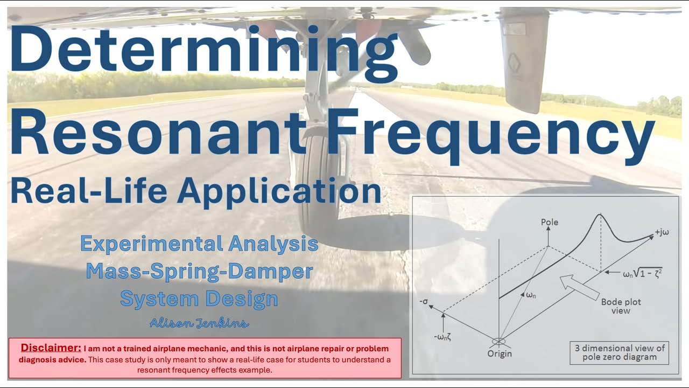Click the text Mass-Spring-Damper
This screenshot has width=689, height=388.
(x=199, y=271)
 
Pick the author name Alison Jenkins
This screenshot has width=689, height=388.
(x=199, y=323)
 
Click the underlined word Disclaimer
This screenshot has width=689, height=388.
(x=51, y=347)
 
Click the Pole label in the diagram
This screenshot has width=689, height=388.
(x=549, y=222)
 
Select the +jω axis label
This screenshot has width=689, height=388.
(x=662, y=233)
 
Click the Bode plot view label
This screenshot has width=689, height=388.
(x=621, y=306)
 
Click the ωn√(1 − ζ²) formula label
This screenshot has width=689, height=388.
(x=642, y=273)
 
